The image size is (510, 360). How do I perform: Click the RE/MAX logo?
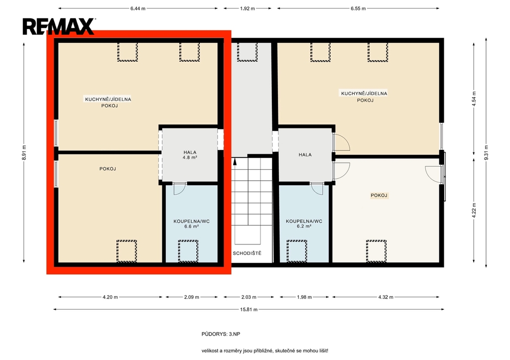click(59, 26)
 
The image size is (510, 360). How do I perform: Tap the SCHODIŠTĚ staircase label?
click(247, 253)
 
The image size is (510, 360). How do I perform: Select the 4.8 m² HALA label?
click(190, 154)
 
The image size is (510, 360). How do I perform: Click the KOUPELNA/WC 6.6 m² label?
click(191, 224)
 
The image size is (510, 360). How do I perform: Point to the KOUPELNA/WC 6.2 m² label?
click(304, 224)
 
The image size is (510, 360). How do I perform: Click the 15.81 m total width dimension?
click(249, 309)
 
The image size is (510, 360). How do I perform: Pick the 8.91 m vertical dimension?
click(24, 152)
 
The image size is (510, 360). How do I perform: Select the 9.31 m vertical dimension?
click(486, 152)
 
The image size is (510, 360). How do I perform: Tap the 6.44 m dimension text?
click(138, 8)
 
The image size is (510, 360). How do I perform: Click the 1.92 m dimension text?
click(248, 8)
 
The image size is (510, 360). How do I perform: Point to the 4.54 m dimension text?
click(474, 99)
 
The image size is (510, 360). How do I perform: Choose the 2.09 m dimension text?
click(192, 297)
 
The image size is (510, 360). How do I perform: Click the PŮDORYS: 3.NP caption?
click(221, 334)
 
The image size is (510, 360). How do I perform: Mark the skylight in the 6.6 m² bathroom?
click(188, 251)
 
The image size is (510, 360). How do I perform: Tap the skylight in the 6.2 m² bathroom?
click(297, 251)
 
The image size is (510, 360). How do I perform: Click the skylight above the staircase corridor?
click(247, 51)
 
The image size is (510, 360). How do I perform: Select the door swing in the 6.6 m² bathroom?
click(179, 189)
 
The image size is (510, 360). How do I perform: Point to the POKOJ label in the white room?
click(379, 196)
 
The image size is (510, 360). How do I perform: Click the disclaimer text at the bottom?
click(265, 351)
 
